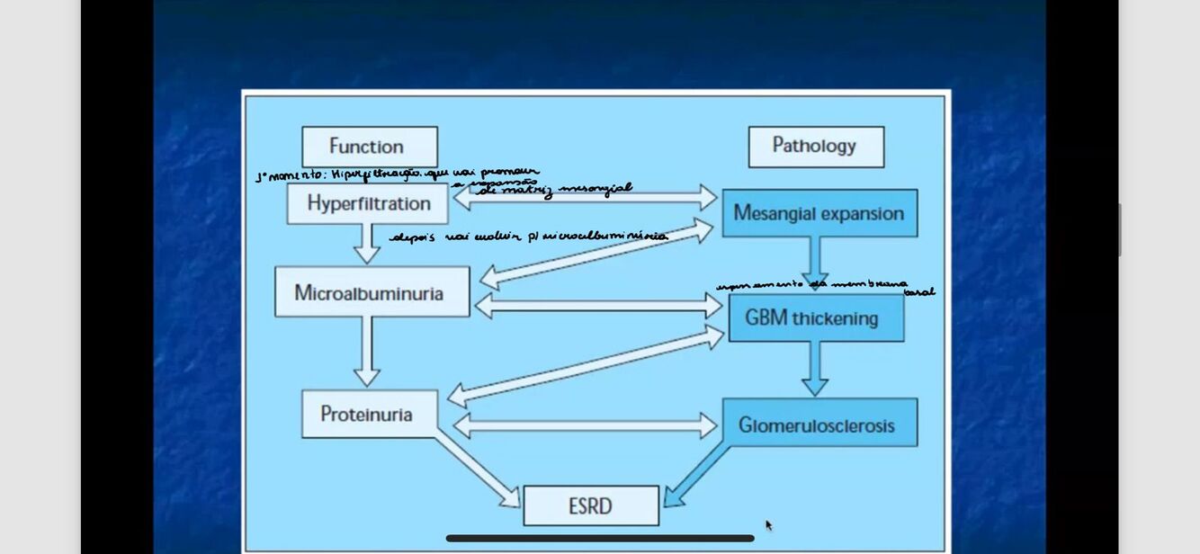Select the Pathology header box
pos(816,147)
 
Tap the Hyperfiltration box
pos(368,203)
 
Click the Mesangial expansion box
pos(819,213)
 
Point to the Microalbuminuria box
pos(372,292)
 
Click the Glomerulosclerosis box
pos(819,424)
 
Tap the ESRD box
pos(591,506)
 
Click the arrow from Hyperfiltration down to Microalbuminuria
pos(366,243)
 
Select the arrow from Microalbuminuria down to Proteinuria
pos(366,352)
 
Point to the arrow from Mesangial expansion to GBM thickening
pos(815,261)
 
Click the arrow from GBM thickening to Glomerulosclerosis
pos(815,368)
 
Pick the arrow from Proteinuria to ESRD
pos(477,469)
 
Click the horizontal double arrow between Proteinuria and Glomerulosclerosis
pos(586,424)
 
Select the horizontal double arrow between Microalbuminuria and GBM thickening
pos(598,307)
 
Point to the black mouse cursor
pos(768,525)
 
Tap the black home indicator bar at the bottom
pos(600,539)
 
